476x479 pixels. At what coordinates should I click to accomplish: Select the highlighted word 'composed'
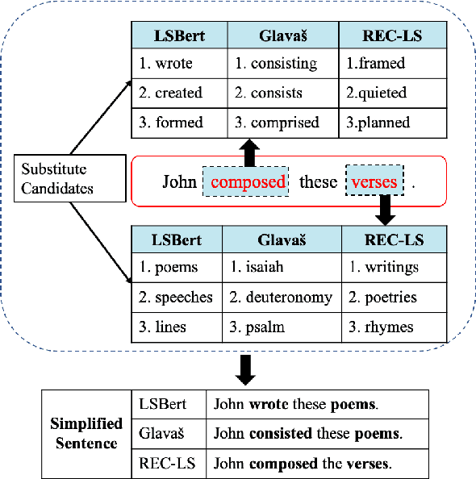[248, 181]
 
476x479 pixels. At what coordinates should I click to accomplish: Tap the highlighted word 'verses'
[374, 181]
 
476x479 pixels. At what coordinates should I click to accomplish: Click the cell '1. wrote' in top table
[180, 63]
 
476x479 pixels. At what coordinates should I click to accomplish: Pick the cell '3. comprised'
[282, 123]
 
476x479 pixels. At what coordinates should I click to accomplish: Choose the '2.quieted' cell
[391, 93]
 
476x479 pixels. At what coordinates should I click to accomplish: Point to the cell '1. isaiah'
[282, 267]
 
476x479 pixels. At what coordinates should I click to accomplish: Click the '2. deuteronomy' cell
[282, 297]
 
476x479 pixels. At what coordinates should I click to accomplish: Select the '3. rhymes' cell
[391, 327]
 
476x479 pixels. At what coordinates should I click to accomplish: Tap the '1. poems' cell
[177, 267]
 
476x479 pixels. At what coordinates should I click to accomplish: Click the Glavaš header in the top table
[282, 35]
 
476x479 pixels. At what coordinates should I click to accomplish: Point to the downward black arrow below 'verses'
[385, 211]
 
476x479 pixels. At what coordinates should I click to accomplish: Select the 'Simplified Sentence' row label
[86, 434]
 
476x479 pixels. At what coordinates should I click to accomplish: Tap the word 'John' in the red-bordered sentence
[179, 181]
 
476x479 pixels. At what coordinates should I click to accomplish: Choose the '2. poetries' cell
[391, 297]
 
